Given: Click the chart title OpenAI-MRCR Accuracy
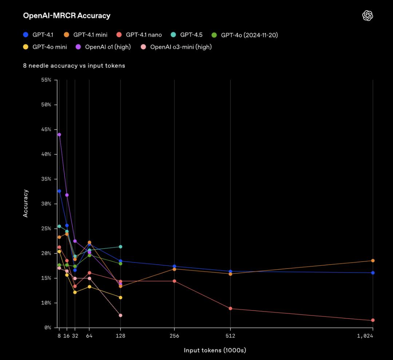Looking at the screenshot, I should click(x=67, y=16).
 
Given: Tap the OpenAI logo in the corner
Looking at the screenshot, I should click(x=368, y=16).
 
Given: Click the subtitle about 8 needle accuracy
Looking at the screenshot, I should click(x=74, y=66).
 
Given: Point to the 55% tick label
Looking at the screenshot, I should click(x=47, y=80).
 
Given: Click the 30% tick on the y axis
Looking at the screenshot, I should click(x=47, y=204).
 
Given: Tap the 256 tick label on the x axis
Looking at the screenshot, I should click(x=174, y=336).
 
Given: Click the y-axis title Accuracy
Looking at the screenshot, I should click(x=26, y=203).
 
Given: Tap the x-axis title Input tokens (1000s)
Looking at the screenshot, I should click(x=215, y=350).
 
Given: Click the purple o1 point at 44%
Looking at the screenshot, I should click(x=59, y=135).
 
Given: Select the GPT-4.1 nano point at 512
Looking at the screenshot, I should click(x=230, y=309).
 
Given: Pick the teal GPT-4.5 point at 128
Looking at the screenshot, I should click(x=120, y=247).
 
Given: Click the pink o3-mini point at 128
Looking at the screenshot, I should click(x=120, y=315).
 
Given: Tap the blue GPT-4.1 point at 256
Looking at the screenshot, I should click(x=174, y=266).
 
